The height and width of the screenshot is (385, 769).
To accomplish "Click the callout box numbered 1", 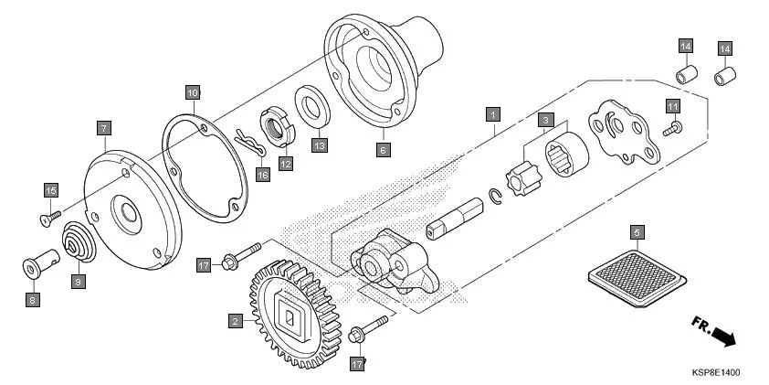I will (492, 114).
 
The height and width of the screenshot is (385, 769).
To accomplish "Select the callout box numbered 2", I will (236, 321).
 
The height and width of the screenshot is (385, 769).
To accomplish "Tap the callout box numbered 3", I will (545, 120).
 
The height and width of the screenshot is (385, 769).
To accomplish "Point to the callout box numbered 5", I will (637, 232).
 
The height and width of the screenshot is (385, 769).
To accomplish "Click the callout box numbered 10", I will (192, 92).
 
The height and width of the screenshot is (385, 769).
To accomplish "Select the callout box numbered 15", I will (51, 189).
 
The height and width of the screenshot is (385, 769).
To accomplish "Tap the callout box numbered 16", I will (263, 175).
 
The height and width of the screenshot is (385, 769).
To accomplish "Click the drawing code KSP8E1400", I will (715, 374).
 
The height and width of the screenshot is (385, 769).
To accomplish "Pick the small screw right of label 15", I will (50, 216).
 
